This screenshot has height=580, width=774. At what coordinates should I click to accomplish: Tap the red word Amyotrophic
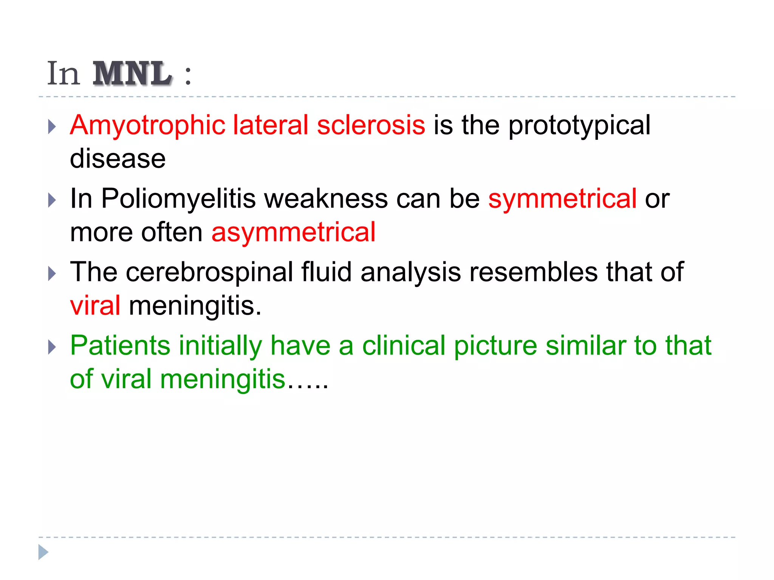(x=147, y=125)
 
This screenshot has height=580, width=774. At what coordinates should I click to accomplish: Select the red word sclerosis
(x=371, y=125)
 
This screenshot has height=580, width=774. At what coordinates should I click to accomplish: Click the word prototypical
(x=579, y=126)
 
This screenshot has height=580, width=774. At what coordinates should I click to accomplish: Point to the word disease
(x=118, y=159)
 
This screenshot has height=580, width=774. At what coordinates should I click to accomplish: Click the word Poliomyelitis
(x=178, y=199)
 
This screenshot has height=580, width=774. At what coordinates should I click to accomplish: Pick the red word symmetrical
(x=562, y=199)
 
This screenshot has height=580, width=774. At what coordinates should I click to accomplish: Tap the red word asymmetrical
(x=293, y=232)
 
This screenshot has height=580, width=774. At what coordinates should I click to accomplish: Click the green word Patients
(x=120, y=346)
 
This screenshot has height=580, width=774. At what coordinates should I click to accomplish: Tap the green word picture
(x=495, y=346)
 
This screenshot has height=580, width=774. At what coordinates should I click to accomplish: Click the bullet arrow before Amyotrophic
(x=52, y=127)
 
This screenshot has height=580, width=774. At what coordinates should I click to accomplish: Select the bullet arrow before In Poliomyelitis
(x=52, y=200)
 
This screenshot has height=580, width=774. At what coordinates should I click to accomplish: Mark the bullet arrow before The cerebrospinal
(x=52, y=273)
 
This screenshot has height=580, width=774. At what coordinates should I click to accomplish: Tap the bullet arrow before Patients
(x=52, y=347)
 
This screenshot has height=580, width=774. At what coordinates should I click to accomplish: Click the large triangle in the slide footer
(x=43, y=552)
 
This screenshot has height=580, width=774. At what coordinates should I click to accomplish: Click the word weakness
(x=326, y=199)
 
